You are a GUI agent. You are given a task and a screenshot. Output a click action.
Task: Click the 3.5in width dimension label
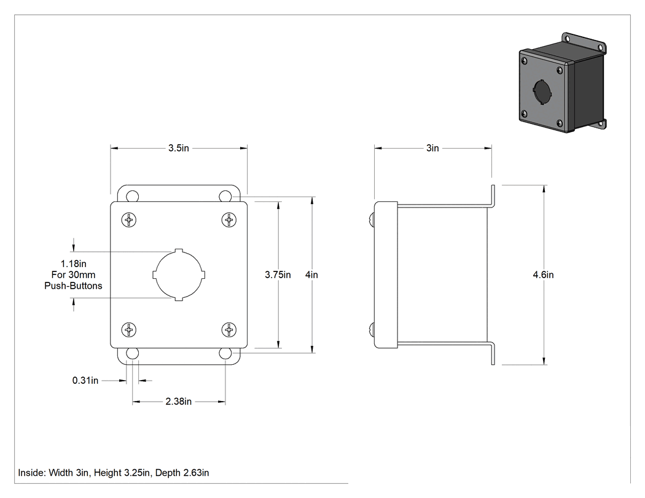(x=179, y=148)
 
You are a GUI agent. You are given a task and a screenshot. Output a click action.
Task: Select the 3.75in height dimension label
(x=278, y=274)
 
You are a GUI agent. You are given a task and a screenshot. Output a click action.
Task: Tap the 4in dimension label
(x=311, y=274)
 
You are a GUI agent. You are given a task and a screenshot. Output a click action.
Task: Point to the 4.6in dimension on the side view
(x=543, y=274)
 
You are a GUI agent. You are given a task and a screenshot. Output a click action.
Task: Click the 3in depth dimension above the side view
(x=432, y=148)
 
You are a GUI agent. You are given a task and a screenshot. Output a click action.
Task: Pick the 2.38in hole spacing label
(x=179, y=402)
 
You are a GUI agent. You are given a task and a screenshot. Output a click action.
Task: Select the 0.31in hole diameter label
(x=85, y=380)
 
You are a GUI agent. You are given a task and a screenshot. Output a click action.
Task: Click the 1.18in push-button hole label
(x=73, y=263)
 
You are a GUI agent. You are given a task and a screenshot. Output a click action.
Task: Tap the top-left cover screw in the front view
(x=129, y=220)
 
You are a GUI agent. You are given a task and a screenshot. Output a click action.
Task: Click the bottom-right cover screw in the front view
(x=229, y=330)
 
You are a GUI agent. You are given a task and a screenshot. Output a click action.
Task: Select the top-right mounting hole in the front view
(x=225, y=196)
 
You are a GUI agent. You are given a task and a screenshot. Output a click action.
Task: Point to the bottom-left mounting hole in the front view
(x=132, y=353)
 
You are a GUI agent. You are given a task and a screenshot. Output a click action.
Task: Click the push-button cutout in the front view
(x=179, y=274)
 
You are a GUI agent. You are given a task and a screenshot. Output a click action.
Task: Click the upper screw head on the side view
(x=372, y=220)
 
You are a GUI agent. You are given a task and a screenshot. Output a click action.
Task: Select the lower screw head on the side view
(x=372, y=330)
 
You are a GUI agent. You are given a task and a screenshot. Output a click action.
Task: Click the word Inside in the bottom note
(x=32, y=473)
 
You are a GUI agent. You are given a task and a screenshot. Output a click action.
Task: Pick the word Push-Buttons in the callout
(x=73, y=286)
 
